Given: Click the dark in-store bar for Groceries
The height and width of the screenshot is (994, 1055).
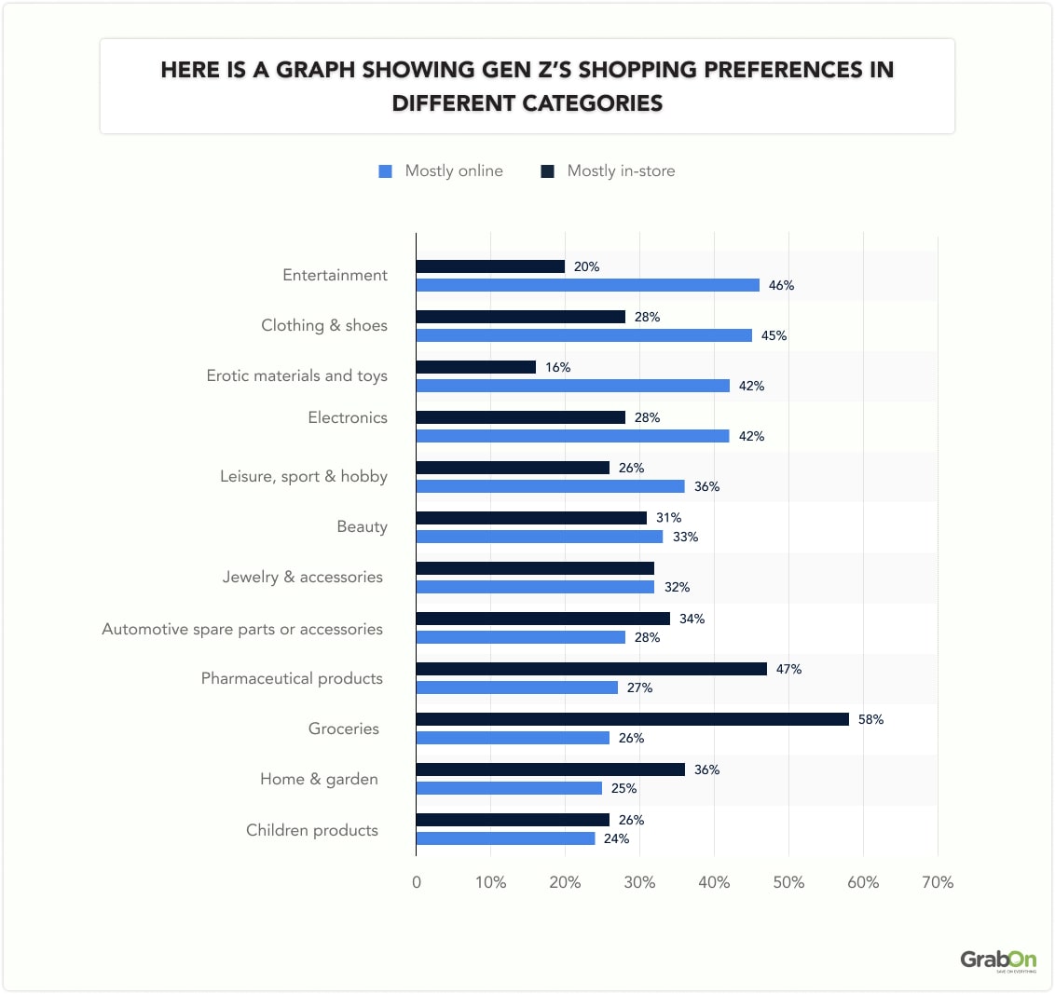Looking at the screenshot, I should point(632,719).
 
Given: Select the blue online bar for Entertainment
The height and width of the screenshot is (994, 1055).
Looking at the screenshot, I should point(587,285).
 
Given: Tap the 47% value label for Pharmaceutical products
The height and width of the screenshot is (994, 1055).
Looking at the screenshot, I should point(788,669).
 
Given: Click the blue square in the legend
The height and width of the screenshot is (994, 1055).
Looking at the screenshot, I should point(385,171).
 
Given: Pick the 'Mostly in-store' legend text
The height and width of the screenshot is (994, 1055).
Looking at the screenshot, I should point(621,170).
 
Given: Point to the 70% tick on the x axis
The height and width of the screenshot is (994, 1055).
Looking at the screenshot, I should point(937,882).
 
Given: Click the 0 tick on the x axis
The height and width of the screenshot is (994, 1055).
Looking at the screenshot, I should point(417,882).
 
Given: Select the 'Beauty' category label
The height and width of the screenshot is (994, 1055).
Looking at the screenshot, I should point(362,526).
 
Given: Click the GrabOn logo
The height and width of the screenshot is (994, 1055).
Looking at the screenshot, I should point(997,960).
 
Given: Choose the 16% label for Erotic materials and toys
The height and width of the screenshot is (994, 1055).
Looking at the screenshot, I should point(557,367).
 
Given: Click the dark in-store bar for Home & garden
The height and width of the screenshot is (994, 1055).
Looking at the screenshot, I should point(550,769).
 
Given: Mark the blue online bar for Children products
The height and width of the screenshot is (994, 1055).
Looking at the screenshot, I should point(505,838).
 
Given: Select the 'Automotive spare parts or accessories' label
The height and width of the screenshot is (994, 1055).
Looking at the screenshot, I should point(242,629).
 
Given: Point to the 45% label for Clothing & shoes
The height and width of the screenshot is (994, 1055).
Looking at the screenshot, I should point(774,335).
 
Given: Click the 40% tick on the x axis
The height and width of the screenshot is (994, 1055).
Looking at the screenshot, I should point(714,882).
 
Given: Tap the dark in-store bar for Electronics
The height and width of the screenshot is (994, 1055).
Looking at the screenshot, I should point(520,417).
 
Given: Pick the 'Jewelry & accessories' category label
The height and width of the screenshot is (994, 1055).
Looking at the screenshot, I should point(302,577).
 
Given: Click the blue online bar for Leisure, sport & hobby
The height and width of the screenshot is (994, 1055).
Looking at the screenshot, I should point(550,486).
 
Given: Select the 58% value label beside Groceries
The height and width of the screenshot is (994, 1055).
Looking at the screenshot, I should point(870,719).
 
